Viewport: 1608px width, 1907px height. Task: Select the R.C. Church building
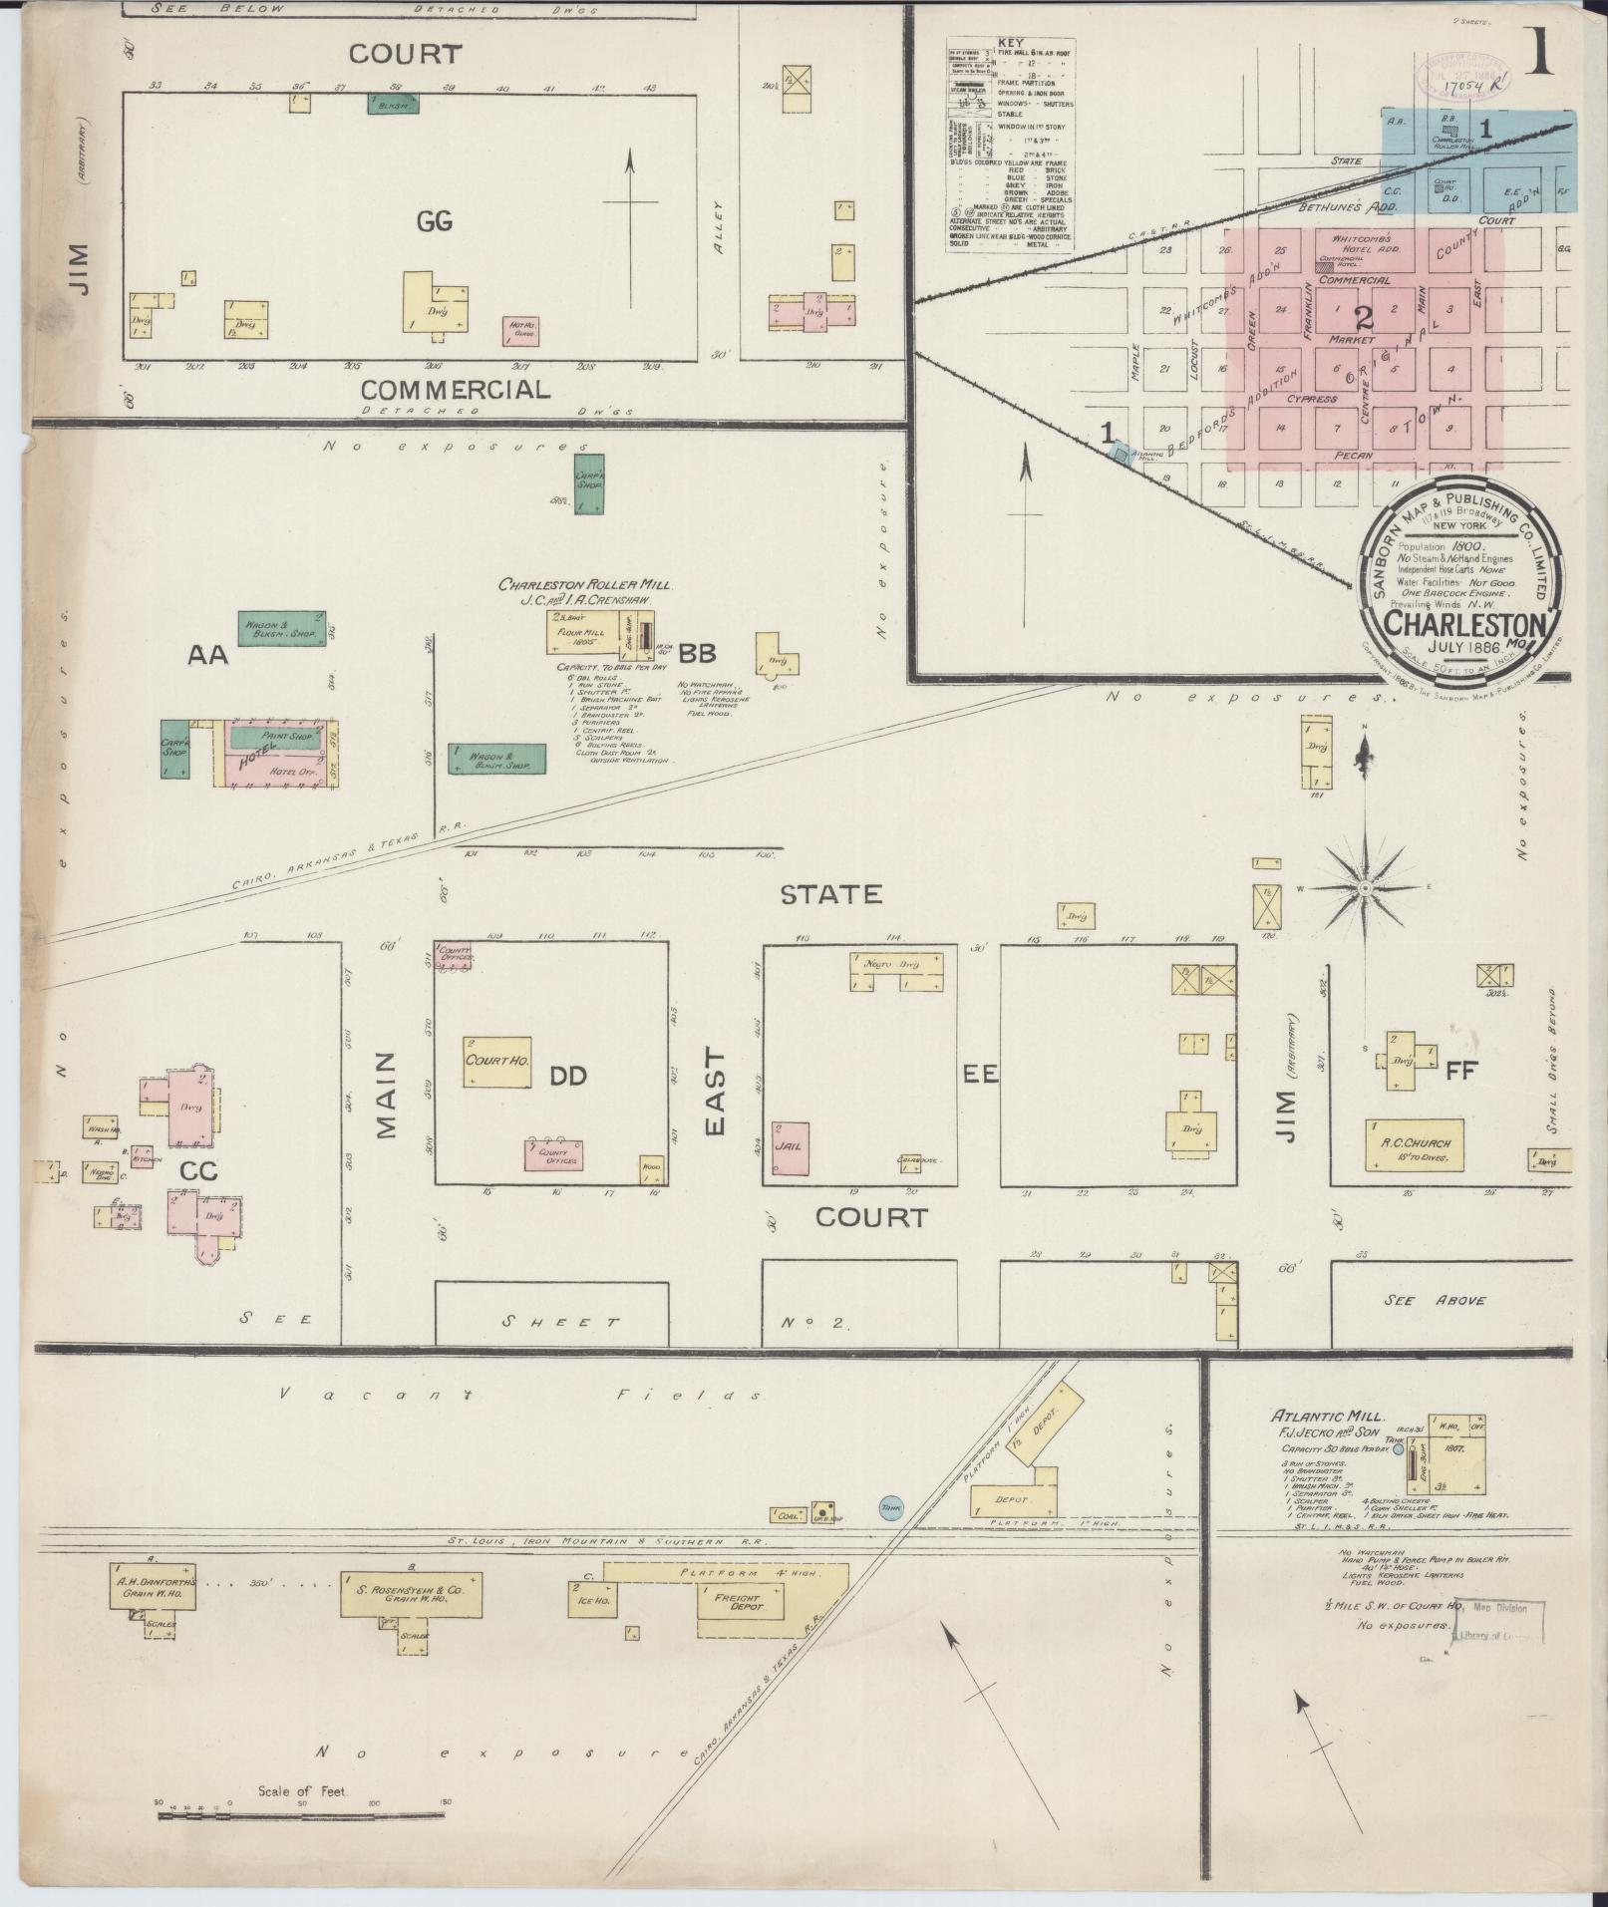1414,1146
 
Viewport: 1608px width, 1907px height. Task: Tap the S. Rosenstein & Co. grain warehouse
411,1593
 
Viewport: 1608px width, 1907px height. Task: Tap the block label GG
435,221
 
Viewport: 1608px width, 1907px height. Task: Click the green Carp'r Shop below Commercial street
589,485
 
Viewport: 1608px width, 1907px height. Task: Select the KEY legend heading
1009,43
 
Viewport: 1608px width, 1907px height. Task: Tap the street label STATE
830,894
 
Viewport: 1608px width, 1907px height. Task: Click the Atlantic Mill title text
1312,1417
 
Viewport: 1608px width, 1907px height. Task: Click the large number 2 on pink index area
1363,318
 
